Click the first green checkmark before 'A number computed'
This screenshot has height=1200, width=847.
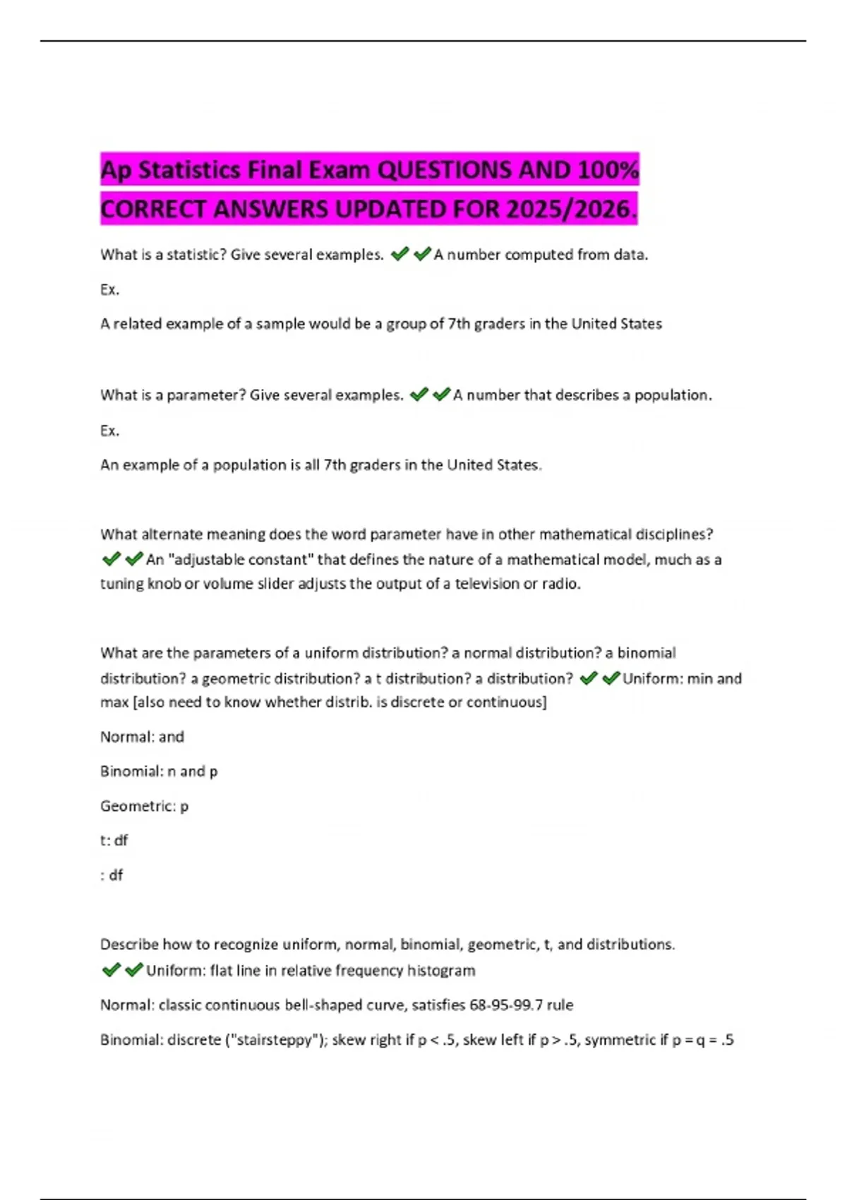click(400, 254)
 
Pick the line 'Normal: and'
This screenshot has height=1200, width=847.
click(142, 737)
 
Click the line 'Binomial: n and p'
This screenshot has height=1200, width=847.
click(159, 772)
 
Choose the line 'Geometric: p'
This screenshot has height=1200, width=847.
click(144, 806)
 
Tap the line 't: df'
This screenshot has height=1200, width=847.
click(114, 841)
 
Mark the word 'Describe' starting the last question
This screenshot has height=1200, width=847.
click(129, 944)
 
